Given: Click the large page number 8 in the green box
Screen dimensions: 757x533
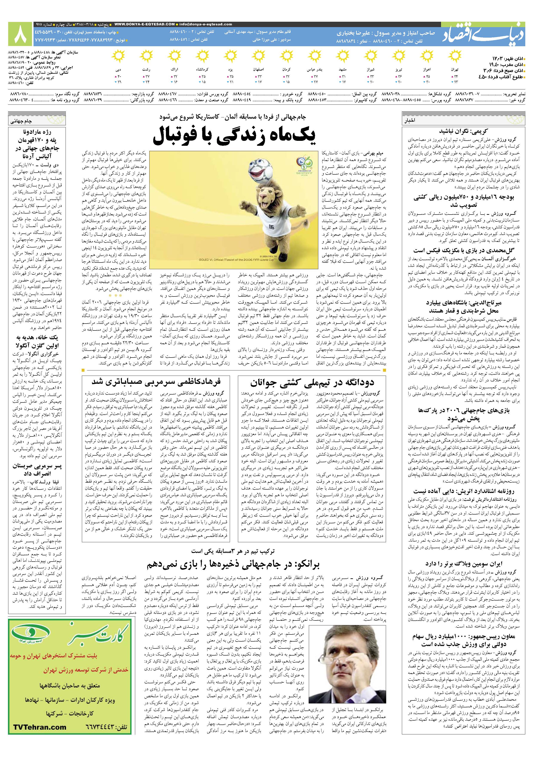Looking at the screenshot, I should click(20, 34).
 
